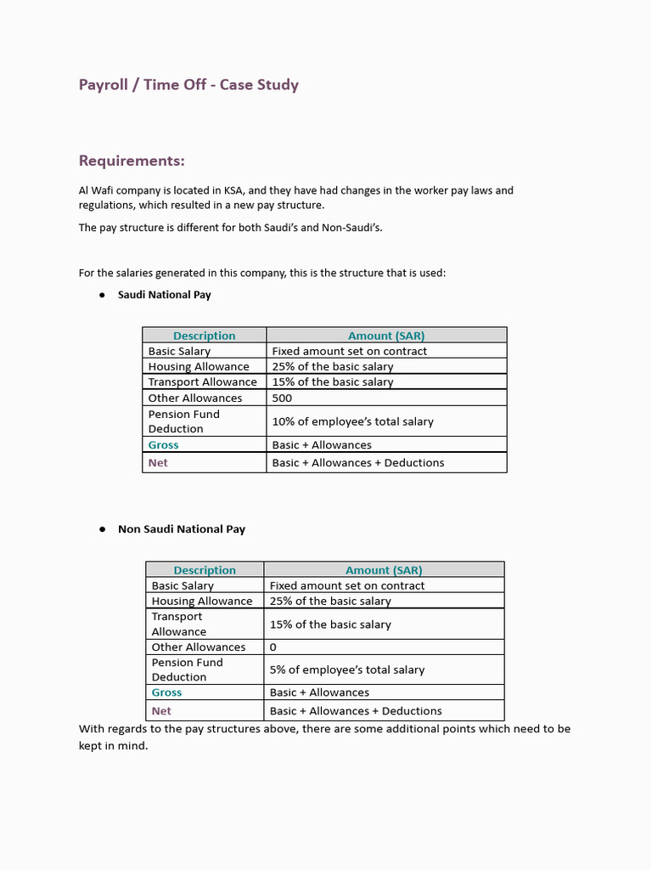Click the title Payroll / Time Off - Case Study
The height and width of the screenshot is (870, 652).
[x=188, y=85]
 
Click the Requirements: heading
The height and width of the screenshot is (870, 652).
[x=132, y=161]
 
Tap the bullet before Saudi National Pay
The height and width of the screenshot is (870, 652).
[x=101, y=295]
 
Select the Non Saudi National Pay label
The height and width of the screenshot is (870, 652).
[x=181, y=528]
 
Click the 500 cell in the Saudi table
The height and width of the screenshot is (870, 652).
[x=282, y=398]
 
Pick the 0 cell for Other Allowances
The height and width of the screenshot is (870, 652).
[x=273, y=647]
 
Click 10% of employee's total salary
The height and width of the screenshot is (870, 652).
[x=352, y=421]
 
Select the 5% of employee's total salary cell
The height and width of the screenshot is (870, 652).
[x=346, y=669]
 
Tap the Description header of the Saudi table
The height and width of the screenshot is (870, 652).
[x=204, y=336]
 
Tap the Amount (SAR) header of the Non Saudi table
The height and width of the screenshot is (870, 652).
[x=384, y=570]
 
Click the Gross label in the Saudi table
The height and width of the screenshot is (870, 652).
[x=163, y=444]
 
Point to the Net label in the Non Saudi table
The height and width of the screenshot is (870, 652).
[x=161, y=710]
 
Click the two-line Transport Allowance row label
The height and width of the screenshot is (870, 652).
[x=178, y=624]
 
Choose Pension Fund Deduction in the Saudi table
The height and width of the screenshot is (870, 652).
[x=183, y=421]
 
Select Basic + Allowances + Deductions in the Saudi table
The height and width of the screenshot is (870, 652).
[x=357, y=463]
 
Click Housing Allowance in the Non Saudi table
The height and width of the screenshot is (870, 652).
[x=202, y=601]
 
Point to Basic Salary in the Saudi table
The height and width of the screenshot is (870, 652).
[x=179, y=351]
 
